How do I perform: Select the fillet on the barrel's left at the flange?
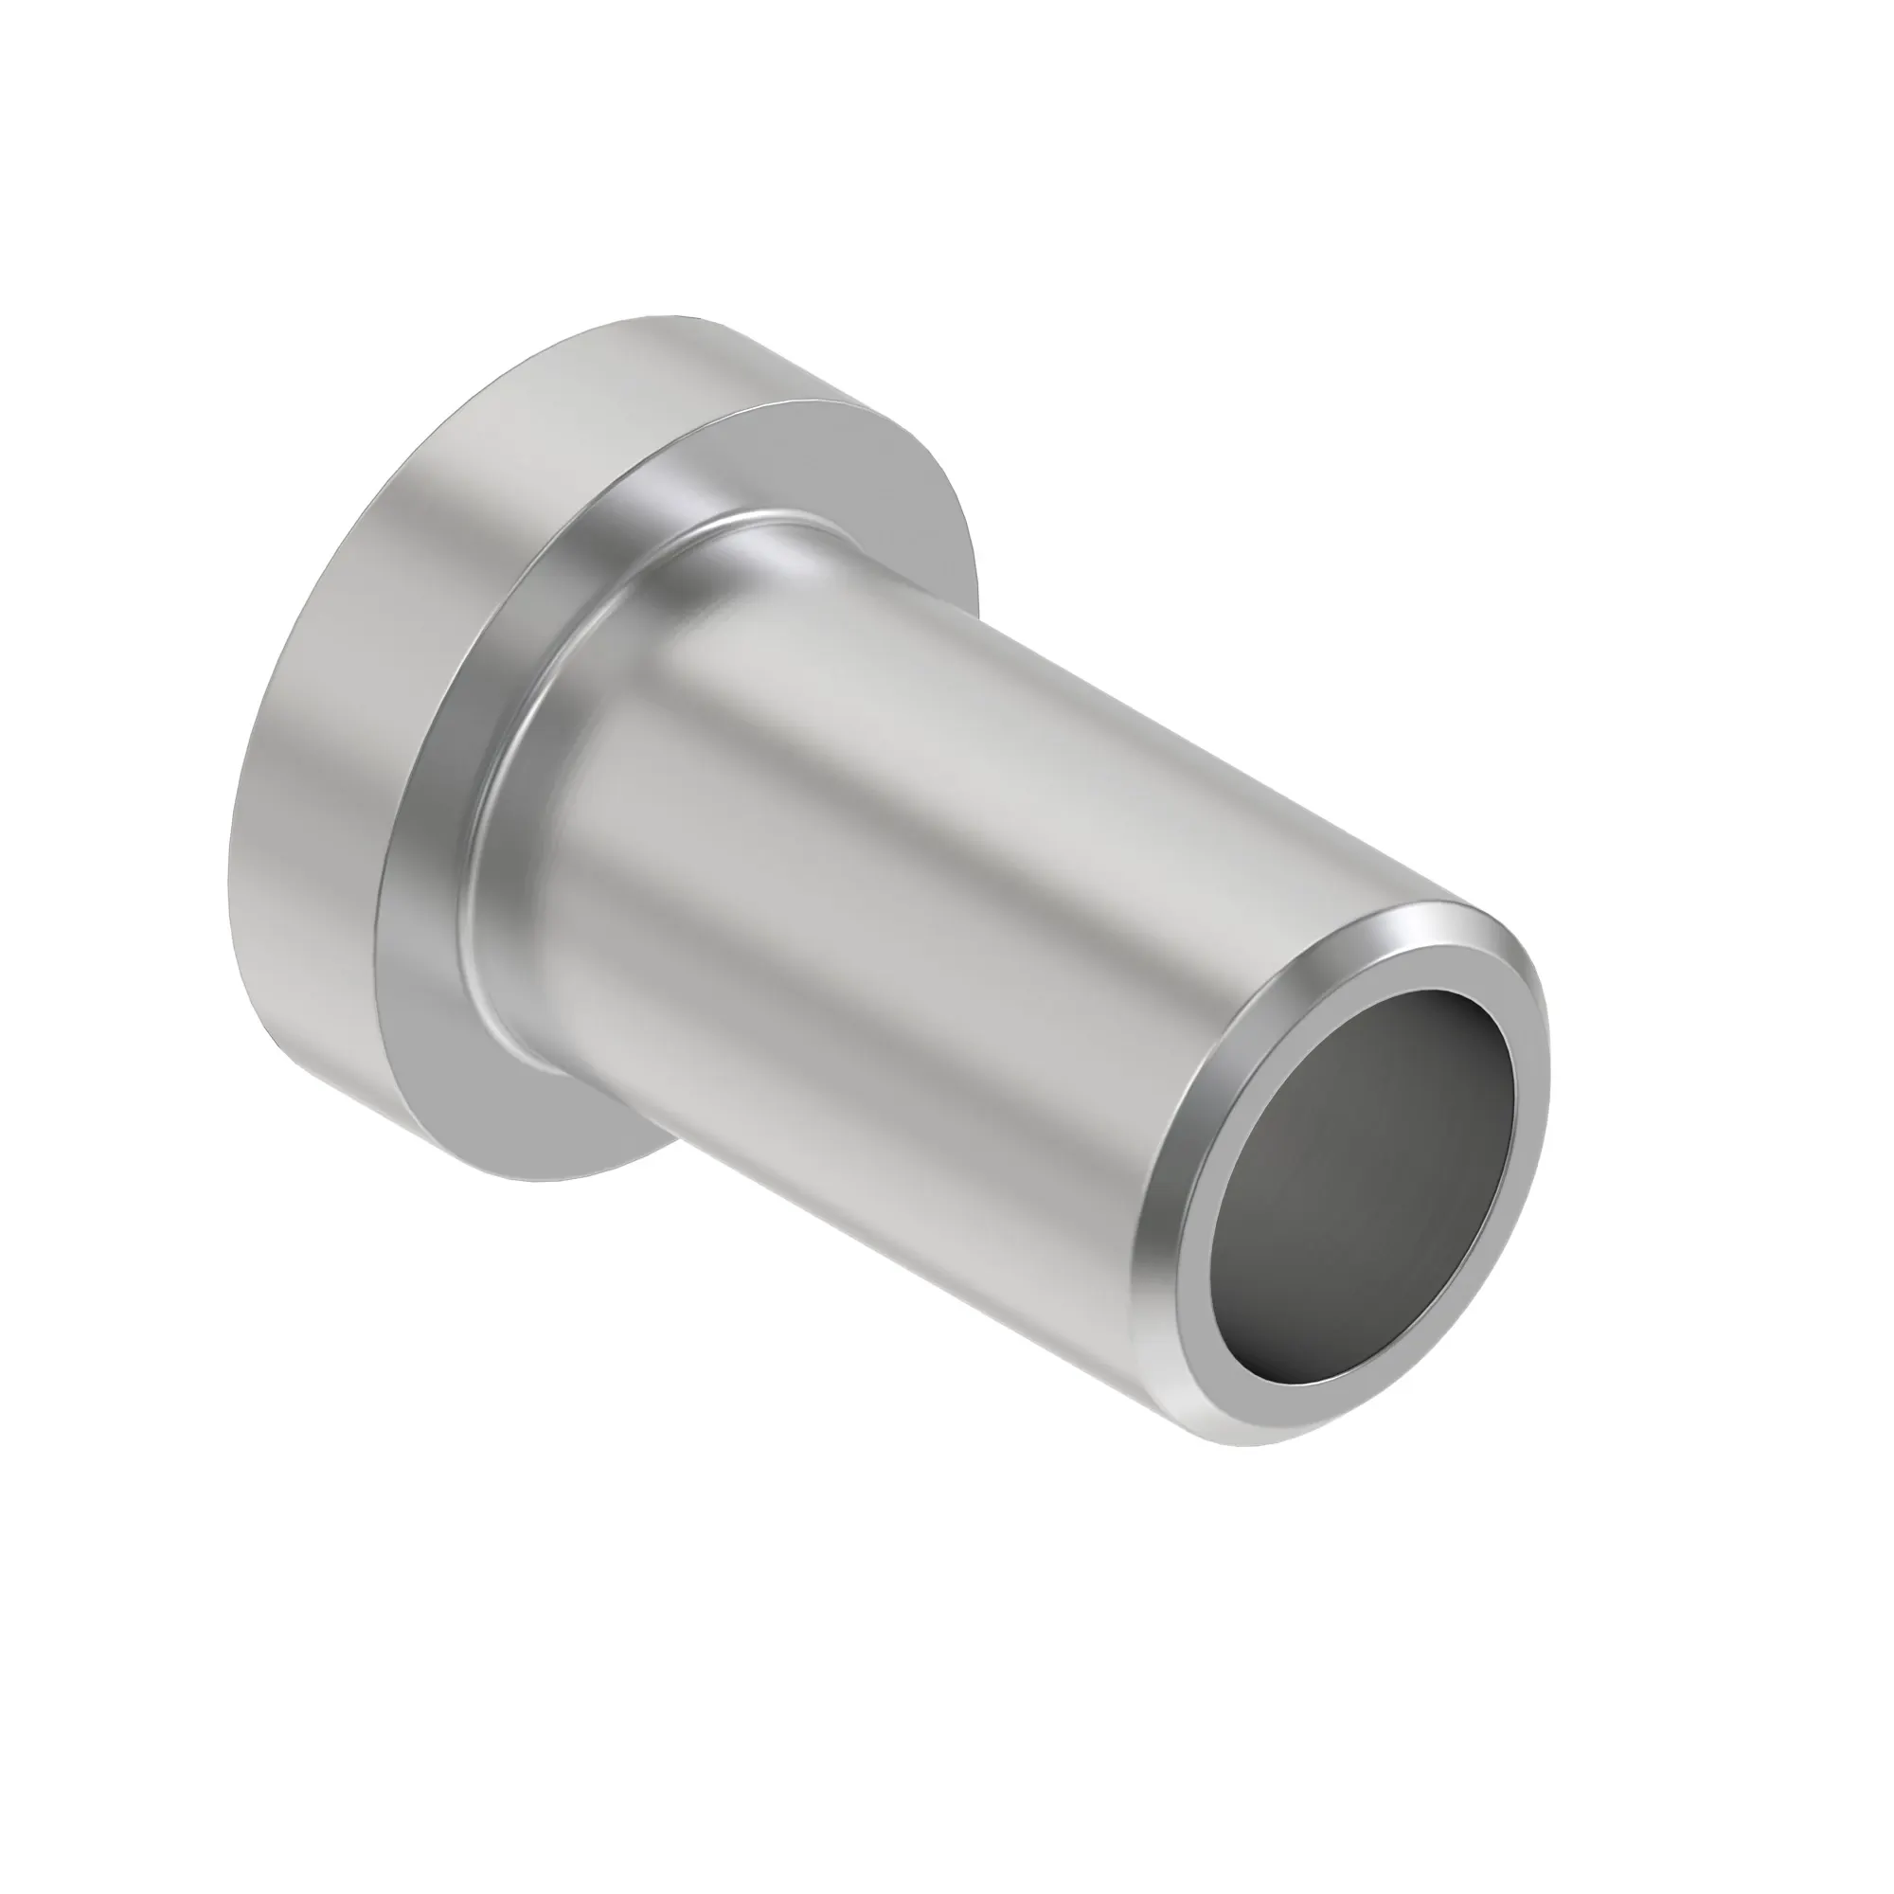(x=491, y=883)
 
